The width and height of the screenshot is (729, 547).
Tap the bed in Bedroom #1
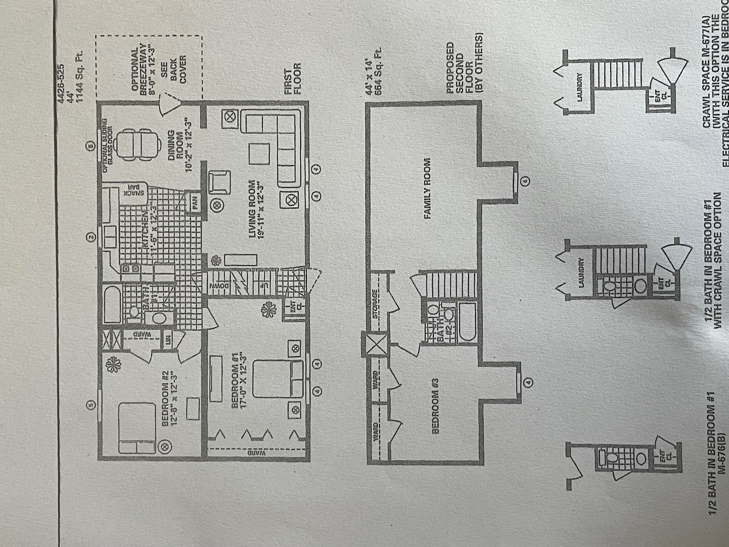(x=278, y=378)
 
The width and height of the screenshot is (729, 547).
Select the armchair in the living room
(x=219, y=182)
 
